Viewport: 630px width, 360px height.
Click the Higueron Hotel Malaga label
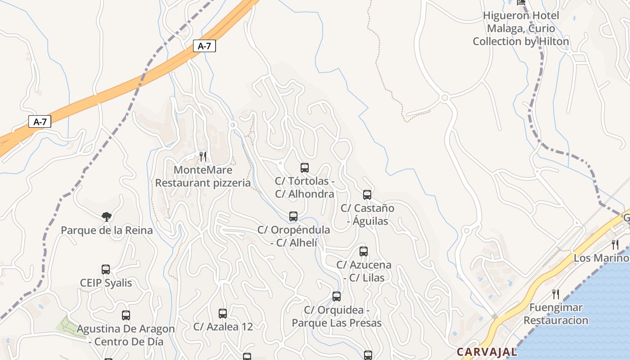(521, 28)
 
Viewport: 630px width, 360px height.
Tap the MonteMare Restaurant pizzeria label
(203, 176)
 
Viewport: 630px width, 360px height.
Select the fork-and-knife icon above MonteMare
(203, 157)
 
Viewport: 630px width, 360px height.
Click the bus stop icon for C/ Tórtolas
(305, 168)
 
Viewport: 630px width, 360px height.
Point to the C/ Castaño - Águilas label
(367, 214)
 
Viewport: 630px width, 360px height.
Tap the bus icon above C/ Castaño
(367, 195)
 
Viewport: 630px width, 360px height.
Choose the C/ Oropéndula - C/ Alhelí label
(294, 236)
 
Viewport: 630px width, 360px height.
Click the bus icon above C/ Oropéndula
(293, 216)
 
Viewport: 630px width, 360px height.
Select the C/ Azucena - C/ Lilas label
(364, 271)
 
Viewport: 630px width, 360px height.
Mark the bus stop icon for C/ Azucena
(364, 252)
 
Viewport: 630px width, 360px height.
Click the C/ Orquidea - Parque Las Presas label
(337, 316)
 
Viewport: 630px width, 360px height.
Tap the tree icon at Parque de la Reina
(107, 217)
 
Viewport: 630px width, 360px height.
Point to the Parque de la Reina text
(107, 230)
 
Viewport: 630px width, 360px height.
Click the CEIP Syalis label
(106, 283)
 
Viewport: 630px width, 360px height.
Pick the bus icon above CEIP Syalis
(106, 270)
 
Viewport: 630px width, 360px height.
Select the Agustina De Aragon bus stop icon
(126, 315)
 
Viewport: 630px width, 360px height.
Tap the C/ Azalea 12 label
(223, 327)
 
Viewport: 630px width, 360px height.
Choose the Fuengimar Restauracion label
(556, 314)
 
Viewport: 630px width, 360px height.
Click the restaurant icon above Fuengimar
(556, 294)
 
